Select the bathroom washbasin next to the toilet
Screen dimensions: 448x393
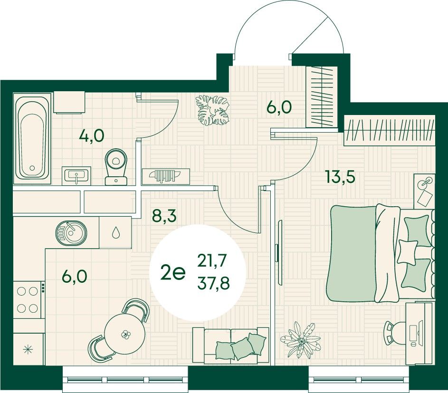tap(76, 175)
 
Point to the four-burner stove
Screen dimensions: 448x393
tap(27, 299)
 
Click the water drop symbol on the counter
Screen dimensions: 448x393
tap(115, 232)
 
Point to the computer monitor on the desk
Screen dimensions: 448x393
tap(420, 332)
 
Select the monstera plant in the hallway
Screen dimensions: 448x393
tap(212, 110)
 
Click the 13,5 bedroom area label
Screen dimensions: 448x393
tap(340, 177)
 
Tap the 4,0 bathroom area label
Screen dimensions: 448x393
tap(92, 135)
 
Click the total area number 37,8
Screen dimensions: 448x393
tap(214, 284)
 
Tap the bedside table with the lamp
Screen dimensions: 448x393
tap(425, 190)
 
